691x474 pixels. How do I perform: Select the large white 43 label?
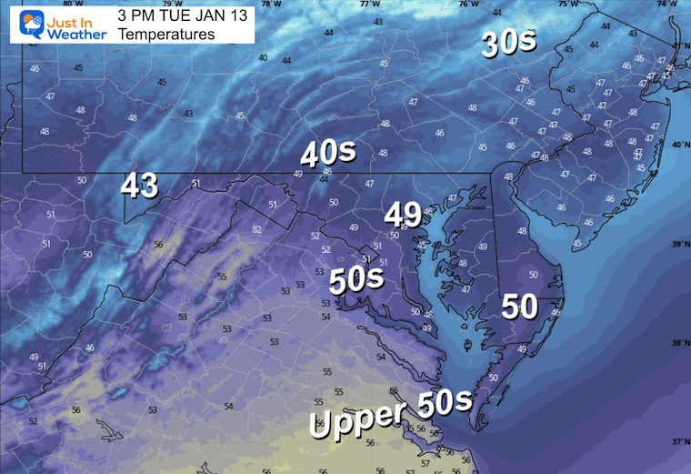point(140,186)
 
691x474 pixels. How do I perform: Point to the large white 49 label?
point(403,215)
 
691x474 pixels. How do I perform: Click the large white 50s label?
point(356,280)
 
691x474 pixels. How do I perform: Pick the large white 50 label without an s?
point(519,307)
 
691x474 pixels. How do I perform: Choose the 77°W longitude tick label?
point(369,5)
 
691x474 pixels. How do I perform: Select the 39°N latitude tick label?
point(679,245)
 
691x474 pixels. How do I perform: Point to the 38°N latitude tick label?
point(679,343)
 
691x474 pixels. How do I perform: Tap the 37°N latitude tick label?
point(679,440)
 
